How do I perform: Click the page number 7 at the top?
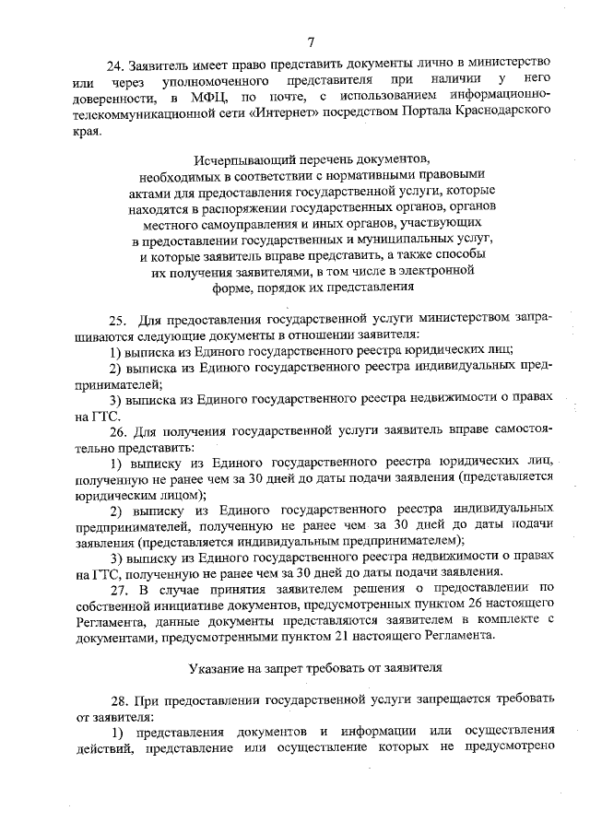tap(311, 41)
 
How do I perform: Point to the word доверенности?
tap(111, 97)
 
